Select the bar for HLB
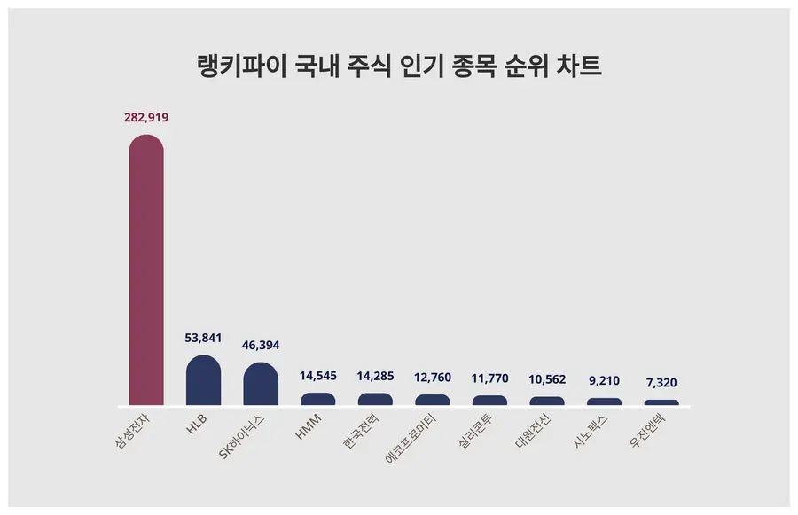click(203, 381)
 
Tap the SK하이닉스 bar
click(261, 385)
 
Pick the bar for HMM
click(318, 400)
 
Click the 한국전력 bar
click(375, 400)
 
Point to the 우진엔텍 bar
click(661, 402)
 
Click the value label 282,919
click(146, 117)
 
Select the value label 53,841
click(203, 338)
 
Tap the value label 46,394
click(261, 344)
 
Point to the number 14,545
click(318, 375)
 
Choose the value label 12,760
click(433, 377)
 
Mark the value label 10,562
click(547, 378)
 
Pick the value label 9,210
click(604, 380)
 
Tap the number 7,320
click(661, 382)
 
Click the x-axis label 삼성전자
click(134, 431)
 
